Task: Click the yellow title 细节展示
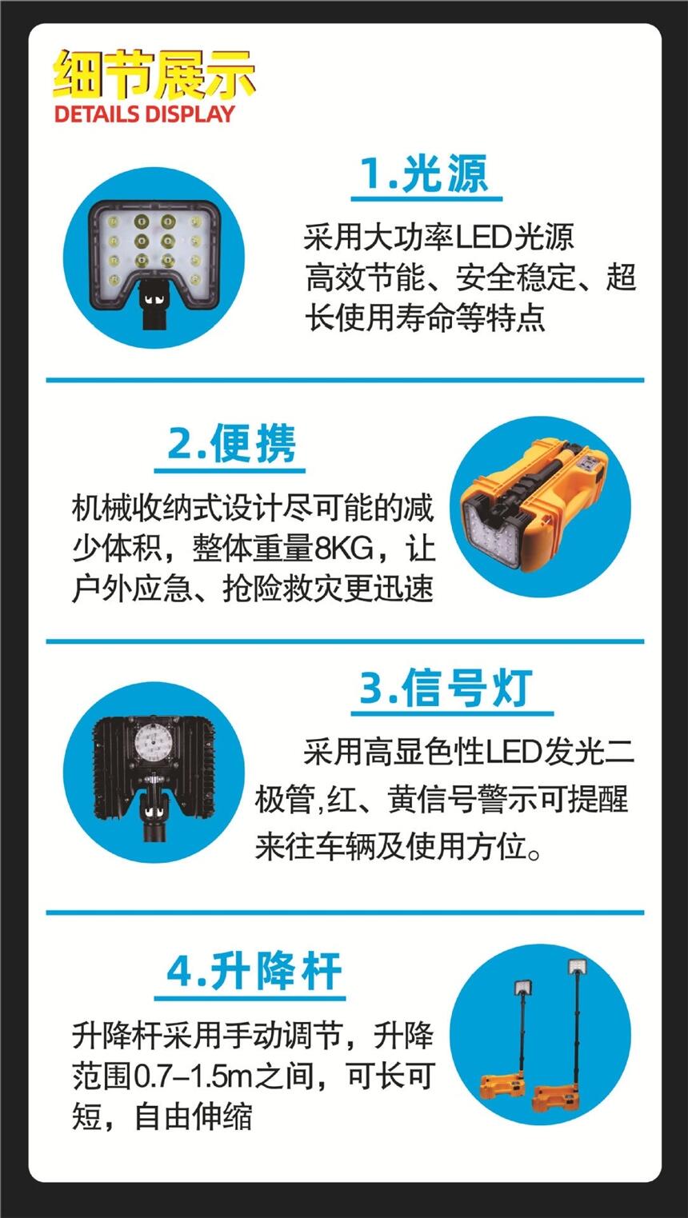[154, 74]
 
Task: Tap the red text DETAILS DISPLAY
[145, 114]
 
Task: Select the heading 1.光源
[425, 174]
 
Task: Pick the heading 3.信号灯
[446, 689]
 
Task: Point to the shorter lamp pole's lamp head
[522, 1003]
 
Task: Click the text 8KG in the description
[346, 549]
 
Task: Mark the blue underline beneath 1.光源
[426, 198]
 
